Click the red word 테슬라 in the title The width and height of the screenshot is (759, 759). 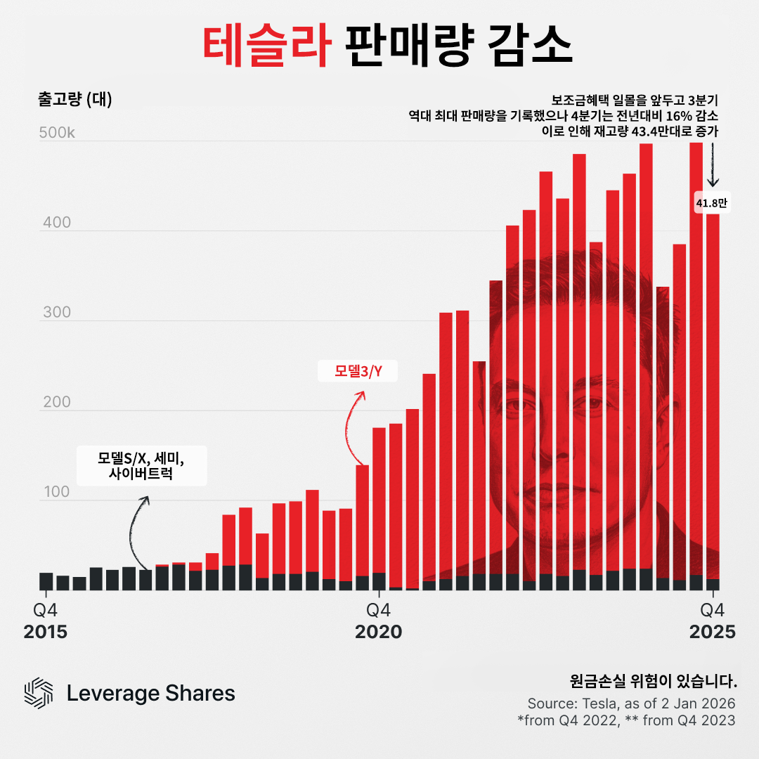pos(266,46)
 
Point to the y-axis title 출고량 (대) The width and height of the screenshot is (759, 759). pos(74,99)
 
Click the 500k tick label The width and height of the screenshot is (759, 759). pos(56,134)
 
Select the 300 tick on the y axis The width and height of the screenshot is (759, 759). pos(57,313)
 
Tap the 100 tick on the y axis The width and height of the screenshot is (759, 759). pos(56,492)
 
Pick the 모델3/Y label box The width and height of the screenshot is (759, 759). pos(358,371)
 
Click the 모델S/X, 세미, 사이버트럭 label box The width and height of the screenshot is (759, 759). pos(141,466)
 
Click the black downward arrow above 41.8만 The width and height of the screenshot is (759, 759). pos(713,166)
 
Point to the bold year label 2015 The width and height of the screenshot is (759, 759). pos(46,632)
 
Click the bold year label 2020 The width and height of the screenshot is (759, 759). pos(379,632)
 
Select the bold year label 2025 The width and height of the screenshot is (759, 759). pos(712,632)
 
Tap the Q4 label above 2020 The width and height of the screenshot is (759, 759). pos(379,609)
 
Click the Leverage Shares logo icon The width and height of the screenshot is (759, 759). pos(39,694)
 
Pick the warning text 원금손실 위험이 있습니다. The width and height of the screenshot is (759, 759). pos(654,681)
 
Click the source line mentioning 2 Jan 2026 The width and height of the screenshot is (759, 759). pos(631,703)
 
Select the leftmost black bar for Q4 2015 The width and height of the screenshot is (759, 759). pos(46,581)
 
